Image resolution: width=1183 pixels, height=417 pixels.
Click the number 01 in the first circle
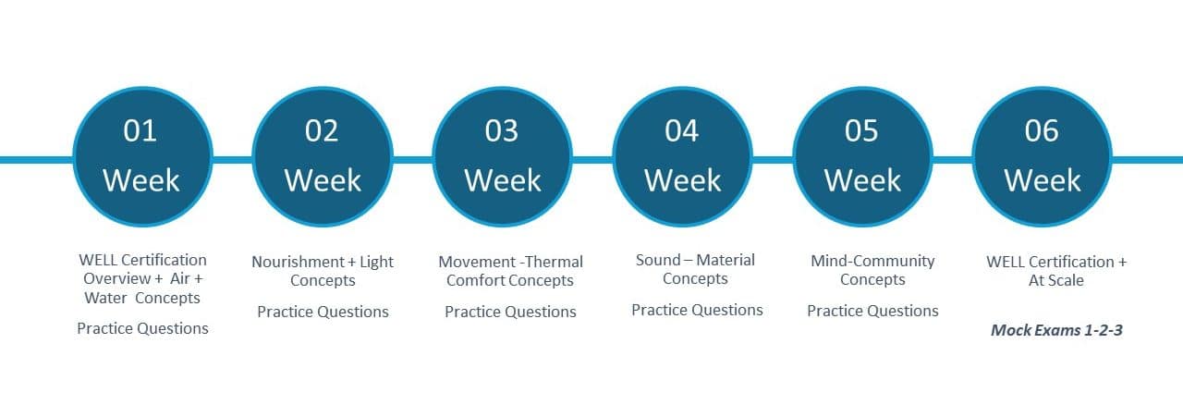(140, 130)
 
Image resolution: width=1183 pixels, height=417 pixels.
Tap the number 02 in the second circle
(321, 130)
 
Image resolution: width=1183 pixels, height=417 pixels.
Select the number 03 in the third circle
(502, 130)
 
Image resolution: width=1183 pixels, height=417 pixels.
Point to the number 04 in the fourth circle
(682, 130)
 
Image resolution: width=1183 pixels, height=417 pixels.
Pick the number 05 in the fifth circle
(861, 130)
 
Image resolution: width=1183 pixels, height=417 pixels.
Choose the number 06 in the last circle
(1042, 130)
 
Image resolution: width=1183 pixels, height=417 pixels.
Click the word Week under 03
(503, 180)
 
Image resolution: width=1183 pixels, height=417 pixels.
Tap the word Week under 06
(1043, 180)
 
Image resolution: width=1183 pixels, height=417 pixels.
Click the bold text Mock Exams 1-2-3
(1056, 330)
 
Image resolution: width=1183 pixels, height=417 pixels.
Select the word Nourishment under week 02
(298, 262)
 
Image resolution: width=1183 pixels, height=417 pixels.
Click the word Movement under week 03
(477, 262)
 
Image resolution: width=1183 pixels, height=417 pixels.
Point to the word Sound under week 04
(657, 260)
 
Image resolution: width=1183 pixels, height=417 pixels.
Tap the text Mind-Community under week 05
(872, 261)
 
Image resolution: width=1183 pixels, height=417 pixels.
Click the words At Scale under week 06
(1055, 280)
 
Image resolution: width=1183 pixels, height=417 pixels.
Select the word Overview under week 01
(116, 278)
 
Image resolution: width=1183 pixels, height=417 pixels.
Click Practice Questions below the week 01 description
(142, 329)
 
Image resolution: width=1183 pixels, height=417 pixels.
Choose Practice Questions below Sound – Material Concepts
(697, 311)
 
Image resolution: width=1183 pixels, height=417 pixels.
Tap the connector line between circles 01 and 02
(232, 159)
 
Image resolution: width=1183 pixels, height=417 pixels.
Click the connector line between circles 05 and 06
(952, 159)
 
